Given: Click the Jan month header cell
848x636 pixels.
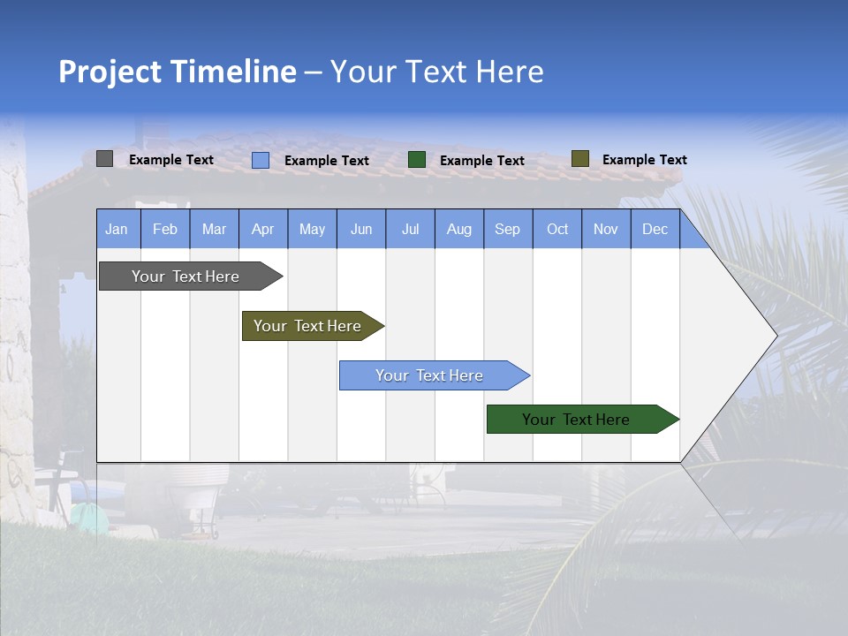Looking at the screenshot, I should tap(117, 229).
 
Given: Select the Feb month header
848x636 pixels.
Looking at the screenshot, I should tap(165, 229).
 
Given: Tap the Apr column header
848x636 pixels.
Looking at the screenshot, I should tap(263, 229).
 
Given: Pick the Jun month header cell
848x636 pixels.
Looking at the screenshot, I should tap(361, 229).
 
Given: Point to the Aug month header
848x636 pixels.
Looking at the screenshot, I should tap(459, 229).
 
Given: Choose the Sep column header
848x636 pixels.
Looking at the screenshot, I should tap(508, 229).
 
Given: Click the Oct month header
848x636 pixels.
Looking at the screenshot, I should tap(557, 229).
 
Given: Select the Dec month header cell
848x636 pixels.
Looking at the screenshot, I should tap(655, 229).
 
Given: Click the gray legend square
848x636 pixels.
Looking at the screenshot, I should tap(104, 159).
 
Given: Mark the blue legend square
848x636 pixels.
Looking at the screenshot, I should tap(261, 160).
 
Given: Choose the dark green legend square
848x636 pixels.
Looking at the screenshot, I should tap(417, 160).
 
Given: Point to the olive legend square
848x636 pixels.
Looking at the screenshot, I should tap(579, 159).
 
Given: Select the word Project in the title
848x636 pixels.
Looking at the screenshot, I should tap(110, 72).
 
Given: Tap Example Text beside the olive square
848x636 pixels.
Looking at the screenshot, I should tap(644, 160).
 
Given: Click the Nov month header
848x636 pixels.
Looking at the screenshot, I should tap(606, 229).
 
